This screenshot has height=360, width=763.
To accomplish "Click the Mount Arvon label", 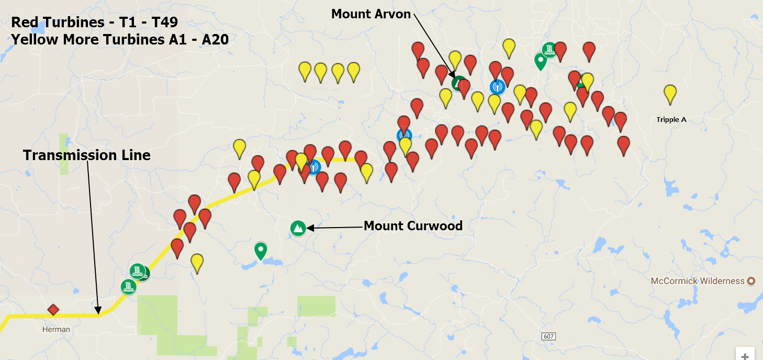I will pyautogui.click(x=371, y=14).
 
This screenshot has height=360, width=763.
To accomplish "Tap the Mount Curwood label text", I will pyautogui.click(x=413, y=226).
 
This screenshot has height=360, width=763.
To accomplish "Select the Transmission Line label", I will pyautogui.click(x=87, y=155).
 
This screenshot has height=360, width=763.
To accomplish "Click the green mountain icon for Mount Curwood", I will pyautogui.click(x=298, y=228).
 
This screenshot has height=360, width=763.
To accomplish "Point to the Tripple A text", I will pyautogui.click(x=671, y=120).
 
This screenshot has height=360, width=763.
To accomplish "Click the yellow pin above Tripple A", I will pyautogui.click(x=670, y=94).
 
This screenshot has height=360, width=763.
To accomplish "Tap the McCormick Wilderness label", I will pyautogui.click(x=697, y=281).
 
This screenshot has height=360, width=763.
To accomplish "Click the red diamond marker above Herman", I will pyautogui.click(x=53, y=310).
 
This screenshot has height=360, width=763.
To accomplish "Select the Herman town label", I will pyautogui.click(x=56, y=330).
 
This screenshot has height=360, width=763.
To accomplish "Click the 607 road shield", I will pyautogui.click(x=548, y=336).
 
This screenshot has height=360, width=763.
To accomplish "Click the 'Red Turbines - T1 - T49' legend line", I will pyautogui.click(x=95, y=22).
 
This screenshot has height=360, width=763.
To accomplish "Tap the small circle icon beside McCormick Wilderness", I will pyautogui.click(x=751, y=281).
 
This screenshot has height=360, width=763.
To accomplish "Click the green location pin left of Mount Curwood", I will pyautogui.click(x=261, y=250).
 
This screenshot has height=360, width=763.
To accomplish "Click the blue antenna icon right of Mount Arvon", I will pyautogui.click(x=497, y=86).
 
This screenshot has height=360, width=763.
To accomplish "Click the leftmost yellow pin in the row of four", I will pyautogui.click(x=305, y=70).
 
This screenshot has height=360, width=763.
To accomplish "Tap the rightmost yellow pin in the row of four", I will pyautogui.click(x=354, y=71).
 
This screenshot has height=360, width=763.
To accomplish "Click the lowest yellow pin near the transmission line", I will pyautogui.click(x=197, y=262).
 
